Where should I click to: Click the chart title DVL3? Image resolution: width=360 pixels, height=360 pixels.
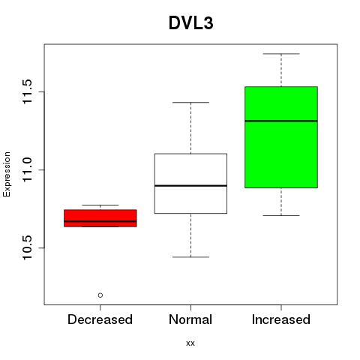(191, 23)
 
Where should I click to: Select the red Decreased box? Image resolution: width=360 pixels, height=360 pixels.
(100, 218)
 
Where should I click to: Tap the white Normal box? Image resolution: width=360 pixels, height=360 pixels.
(190, 184)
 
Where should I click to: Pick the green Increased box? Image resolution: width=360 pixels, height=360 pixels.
(281, 137)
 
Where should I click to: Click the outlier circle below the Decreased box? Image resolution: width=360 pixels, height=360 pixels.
(100, 295)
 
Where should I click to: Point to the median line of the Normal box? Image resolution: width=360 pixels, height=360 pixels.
(190, 185)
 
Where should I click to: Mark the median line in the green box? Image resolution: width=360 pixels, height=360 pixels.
(281, 121)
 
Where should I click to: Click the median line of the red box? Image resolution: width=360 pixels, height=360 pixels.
(100, 221)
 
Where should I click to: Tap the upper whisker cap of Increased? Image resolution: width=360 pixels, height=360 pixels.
(281, 54)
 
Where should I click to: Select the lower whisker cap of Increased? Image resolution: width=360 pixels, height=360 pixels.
(281, 215)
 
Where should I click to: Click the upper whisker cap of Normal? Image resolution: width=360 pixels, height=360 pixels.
(190, 103)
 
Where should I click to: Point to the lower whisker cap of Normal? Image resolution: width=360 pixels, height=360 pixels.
(190, 257)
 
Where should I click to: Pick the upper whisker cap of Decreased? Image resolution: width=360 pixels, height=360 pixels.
(100, 205)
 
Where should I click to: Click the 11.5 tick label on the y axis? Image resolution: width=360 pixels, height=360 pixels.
(27, 91)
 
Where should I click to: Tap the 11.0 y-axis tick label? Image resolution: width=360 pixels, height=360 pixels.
(27, 169)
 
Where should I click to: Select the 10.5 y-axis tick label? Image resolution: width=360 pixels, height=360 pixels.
(27, 247)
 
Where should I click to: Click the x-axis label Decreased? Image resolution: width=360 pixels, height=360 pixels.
(100, 319)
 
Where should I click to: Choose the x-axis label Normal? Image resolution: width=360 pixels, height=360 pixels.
(190, 319)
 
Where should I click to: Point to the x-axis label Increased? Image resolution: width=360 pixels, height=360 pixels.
(281, 319)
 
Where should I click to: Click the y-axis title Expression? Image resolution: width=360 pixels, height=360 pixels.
(7, 174)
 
